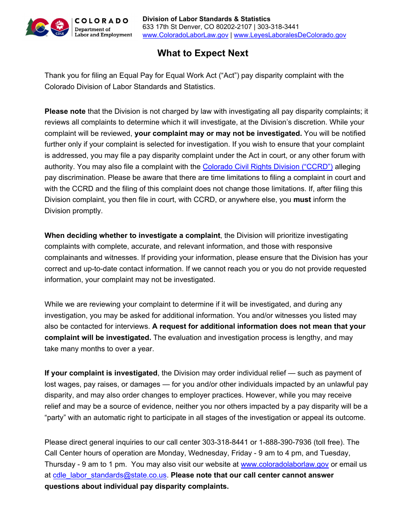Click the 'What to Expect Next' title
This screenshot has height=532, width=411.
pyautogui.click(x=202, y=53)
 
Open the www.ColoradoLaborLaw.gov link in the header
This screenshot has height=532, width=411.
pyautogui.click(x=185, y=35)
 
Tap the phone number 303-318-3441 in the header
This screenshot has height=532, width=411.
pyautogui.click(x=278, y=27)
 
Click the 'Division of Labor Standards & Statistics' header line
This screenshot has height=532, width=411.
pyautogui.click(x=206, y=19)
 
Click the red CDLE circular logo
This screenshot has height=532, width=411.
pyautogui.click(x=60, y=27)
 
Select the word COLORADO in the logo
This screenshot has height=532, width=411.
pyautogui.click(x=102, y=21)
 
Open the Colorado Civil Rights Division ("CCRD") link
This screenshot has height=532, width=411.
pyautogui.click(x=267, y=167)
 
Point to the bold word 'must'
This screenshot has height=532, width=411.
pyautogui.click(x=302, y=200)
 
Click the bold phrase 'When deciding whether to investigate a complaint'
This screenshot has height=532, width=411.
pyautogui.click(x=132, y=236)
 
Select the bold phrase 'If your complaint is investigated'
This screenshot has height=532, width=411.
pyautogui.click(x=101, y=373)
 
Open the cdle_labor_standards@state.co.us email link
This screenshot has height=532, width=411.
pyautogui.click(x=110, y=475)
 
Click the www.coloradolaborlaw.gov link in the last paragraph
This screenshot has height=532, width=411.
pyautogui.click(x=285, y=464)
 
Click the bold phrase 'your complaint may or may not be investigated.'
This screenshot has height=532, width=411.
pyautogui.click(x=218, y=133)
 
